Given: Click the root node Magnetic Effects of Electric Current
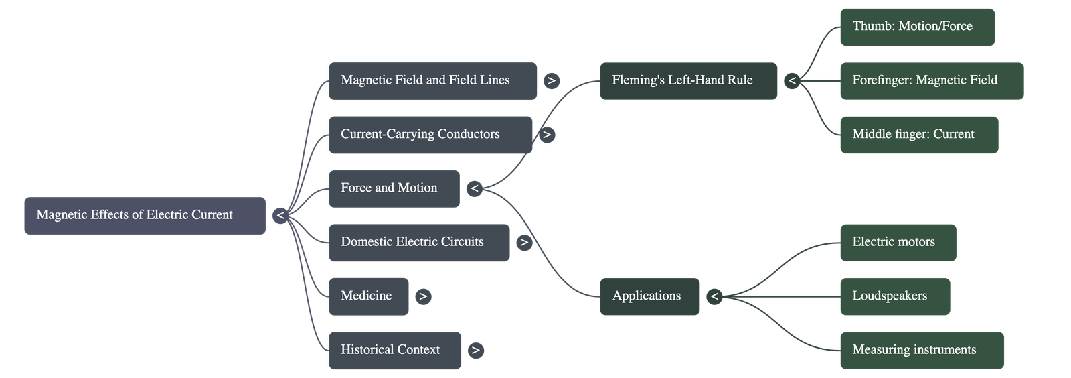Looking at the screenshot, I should (145, 215).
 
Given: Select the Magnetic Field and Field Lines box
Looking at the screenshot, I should (432, 81).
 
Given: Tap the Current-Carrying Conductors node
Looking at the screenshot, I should (430, 135).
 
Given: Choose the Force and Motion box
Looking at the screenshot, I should (394, 188).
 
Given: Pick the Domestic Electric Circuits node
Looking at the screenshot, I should (418, 242).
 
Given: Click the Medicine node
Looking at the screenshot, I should (368, 296).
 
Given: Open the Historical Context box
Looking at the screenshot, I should (394, 350).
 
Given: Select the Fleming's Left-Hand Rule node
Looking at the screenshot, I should (688, 81).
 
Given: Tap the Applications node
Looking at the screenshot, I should (649, 296).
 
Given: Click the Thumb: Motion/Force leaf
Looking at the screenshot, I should (917, 27).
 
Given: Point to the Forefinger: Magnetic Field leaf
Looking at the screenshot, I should (931, 81).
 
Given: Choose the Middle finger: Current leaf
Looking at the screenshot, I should (918, 135).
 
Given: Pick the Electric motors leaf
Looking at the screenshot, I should (898, 242).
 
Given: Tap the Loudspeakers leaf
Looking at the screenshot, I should (894, 296).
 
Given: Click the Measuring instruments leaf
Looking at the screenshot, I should (921, 350).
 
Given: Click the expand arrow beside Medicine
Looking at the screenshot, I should (423, 296).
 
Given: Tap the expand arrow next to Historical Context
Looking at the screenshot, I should (475, 351).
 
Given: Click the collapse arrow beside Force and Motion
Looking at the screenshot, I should (475, 189).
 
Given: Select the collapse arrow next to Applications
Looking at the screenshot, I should (715, 296).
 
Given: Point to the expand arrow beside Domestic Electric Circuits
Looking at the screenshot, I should (524, 243).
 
